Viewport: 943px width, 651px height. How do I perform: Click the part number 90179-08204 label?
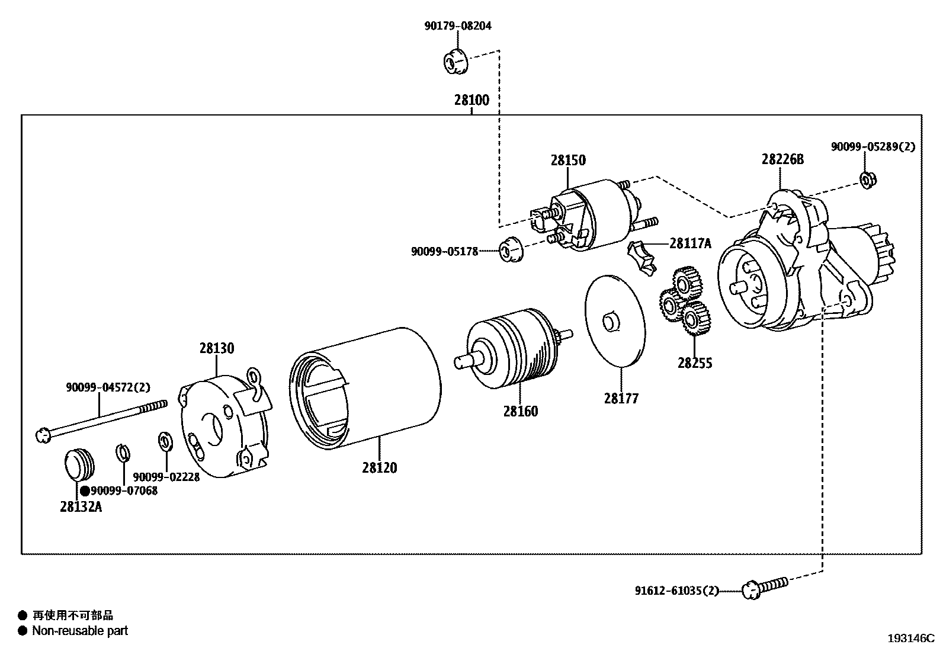(x=457, y=26)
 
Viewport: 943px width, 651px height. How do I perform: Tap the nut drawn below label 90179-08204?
(x=456, y=62)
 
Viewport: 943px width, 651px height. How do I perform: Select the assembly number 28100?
(x=471, y=100)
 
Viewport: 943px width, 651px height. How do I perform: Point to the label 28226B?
(x=782, y=159)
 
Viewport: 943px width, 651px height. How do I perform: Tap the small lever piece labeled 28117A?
(x=644, y=256)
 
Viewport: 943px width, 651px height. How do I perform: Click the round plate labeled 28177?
(x=614, y=320)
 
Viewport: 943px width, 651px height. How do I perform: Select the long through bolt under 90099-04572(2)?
(x=101, y=421)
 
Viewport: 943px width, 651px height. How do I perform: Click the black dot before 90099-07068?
(x=85, y=490)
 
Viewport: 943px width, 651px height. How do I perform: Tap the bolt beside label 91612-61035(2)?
(x=764, y=588)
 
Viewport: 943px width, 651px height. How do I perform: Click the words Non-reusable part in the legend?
(x=79, y=631)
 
